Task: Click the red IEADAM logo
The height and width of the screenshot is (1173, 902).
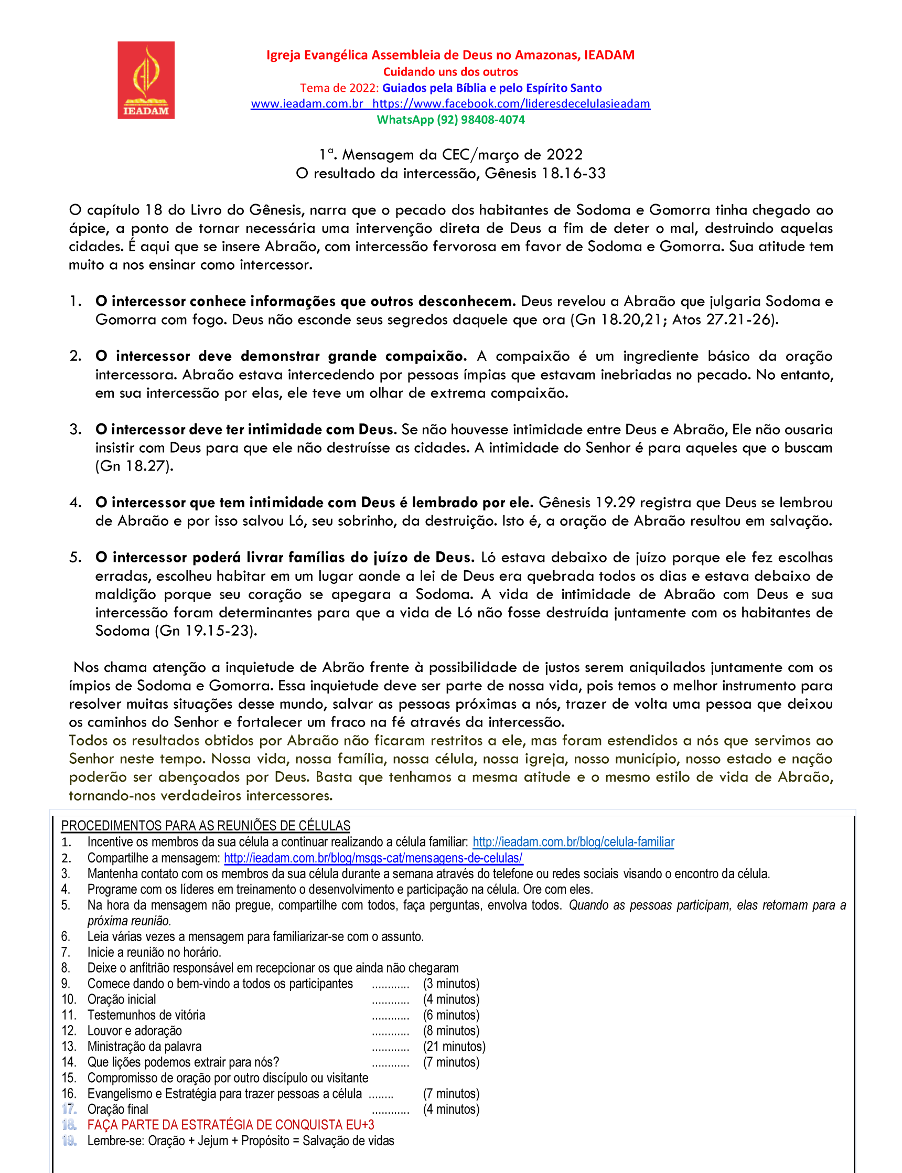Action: tap(146, 80)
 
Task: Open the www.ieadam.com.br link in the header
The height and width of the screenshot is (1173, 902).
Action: tap(307, 104)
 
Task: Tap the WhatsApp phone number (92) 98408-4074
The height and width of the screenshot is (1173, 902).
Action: tap(480, 120)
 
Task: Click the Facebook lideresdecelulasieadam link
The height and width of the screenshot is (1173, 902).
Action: tap(511, 104)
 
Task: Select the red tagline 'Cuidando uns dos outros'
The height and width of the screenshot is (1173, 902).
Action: tap(450, 72)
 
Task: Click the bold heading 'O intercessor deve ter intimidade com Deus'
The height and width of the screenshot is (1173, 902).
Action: tap(245, 430)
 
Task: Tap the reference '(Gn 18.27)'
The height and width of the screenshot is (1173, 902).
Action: tap(134, 466)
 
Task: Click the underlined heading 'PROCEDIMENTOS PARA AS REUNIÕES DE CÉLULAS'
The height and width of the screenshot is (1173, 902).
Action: tap(206, 826)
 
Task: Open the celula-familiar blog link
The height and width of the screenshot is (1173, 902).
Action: tap(573, 842)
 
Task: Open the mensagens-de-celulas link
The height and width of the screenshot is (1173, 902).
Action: tap(373, 858)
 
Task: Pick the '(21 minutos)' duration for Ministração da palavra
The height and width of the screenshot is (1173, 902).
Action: tap(454, 1047)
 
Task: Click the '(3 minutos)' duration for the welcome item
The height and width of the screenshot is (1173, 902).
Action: tap(451, 984)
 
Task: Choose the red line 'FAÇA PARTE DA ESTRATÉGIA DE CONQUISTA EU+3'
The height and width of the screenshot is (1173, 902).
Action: tap(231, 1125)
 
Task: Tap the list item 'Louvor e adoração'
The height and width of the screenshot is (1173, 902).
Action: tap(135, 1031)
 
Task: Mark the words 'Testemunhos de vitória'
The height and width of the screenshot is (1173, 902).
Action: tap(146, 1015)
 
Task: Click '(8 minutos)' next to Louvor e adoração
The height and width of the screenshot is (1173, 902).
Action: tap(451, 1031)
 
